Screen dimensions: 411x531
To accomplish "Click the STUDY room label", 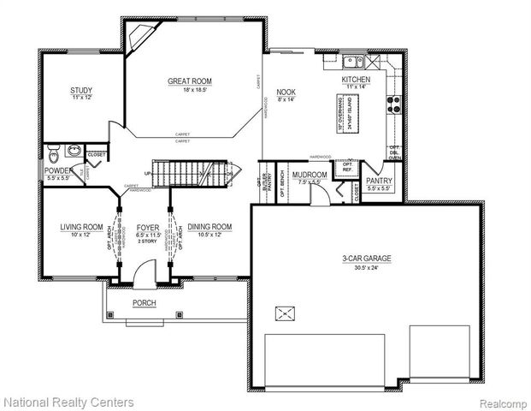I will pyautogui.click(x=81, y=90).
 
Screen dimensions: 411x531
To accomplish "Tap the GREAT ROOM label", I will pyautogui.click(x=189, y=81).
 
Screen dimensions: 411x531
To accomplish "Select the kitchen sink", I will pyautogui.click(x=352, y=62).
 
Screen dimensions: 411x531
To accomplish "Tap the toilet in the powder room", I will pyautogui.click(x=54, y=155).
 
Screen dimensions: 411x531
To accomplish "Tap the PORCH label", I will pyautogui.click(x=144, y=303).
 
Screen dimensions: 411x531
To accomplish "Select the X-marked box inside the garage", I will pyautogui.click(x=286, y=314).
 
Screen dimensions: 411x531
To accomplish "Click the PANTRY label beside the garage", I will pyautogui.click(x=378, y=181).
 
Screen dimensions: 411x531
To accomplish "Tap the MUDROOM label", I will pyautogui.click(x=309, y=175).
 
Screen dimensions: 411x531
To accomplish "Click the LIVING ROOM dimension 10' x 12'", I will pyautogui.click(x=81, y=235).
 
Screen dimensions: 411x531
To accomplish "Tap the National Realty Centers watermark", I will pyautogui.click(x=68, y=401).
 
